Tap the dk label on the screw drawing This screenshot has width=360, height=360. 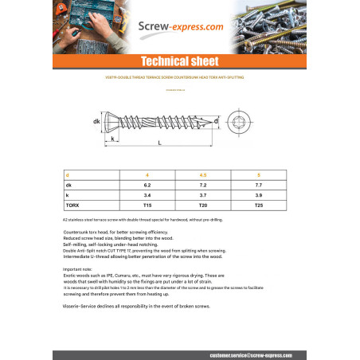pos(96,121)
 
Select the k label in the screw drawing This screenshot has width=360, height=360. pos(115,139)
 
